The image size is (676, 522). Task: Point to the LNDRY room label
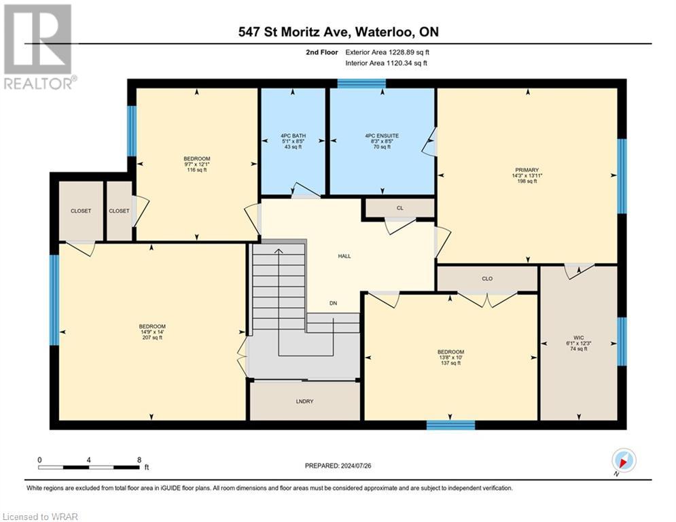pyautogui.click(x=304, y=402)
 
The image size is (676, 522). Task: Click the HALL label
pyautogui.click(x=344, y=256)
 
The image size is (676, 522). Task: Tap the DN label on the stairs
pyautogui.click(x=333, y=303)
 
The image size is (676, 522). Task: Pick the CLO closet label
pyautogui.click(x=487, y=279)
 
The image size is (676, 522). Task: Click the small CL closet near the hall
pyautogui.click(x=399, y=207)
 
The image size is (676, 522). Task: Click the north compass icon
pyautogui.click(x=623, y=461)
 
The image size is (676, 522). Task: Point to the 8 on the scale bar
pyautogui.click(x=139, y=459)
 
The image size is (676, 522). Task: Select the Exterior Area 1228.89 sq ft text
pyautogui.click(x=387, y=52)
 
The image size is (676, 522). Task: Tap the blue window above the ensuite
pyautogui.click(x=361, y=84)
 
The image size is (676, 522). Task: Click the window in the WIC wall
pyautogui.click(x=621, y=341)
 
